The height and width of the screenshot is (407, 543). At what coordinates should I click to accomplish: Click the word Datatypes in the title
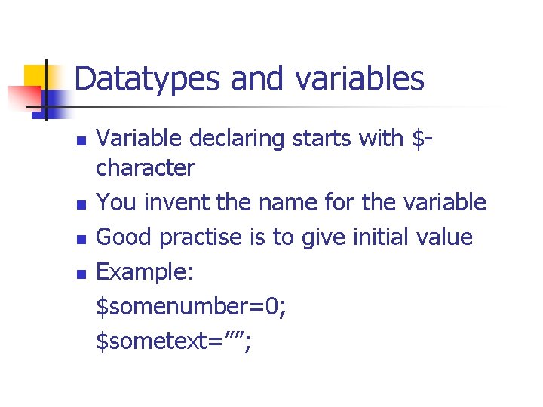[x=149, y=78]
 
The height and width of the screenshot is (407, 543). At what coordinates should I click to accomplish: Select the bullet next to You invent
[x=82, y=204]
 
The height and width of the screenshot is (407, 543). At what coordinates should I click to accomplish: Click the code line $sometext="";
[x=174, y=342]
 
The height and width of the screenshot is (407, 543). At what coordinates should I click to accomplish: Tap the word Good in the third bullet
[x=125, y=238]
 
